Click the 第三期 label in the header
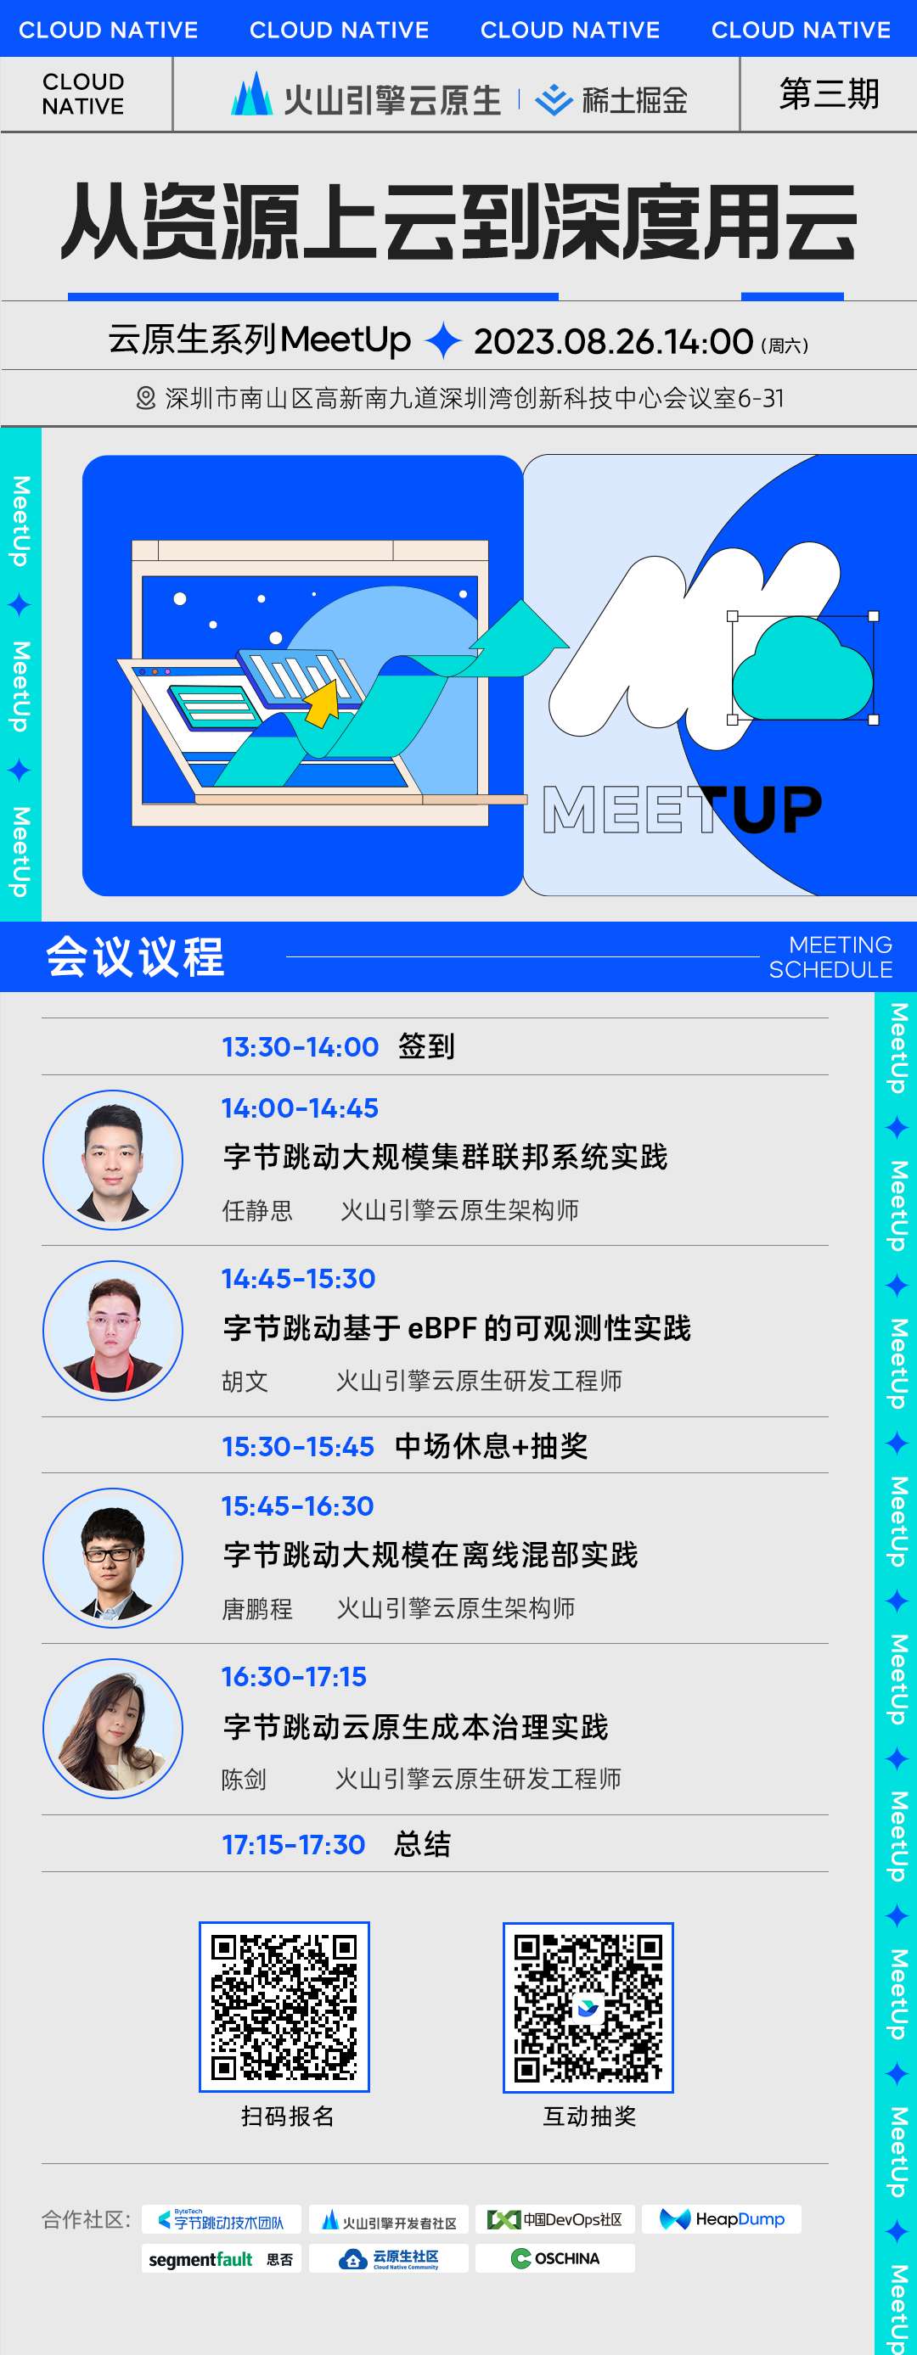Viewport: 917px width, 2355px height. coord(829,94)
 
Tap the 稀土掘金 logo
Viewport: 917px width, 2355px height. coord(611,99)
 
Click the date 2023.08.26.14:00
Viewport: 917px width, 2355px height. coord(612,342)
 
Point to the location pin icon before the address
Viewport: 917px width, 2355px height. coord(145,399)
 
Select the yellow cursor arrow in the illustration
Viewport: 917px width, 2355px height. coord(321,703)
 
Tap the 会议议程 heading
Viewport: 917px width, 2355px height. coord(135,956)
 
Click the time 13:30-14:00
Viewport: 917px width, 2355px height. coord(300,1046)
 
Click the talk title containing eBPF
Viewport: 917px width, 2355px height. coord(456,1327)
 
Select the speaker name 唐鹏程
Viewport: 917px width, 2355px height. coord(257,1608)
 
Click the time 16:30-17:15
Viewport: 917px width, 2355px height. coord(294,1677)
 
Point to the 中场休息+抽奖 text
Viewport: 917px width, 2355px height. coord(491,1446)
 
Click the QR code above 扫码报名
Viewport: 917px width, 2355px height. coord(284,2007)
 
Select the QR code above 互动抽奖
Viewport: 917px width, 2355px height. coord(588,2008)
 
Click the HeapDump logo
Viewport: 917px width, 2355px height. coord(722,2218)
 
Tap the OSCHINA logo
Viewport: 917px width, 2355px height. coord(555,2258)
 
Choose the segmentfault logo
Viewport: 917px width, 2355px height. coord(221,2259)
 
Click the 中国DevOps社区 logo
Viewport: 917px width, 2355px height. coord(555,2218)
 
